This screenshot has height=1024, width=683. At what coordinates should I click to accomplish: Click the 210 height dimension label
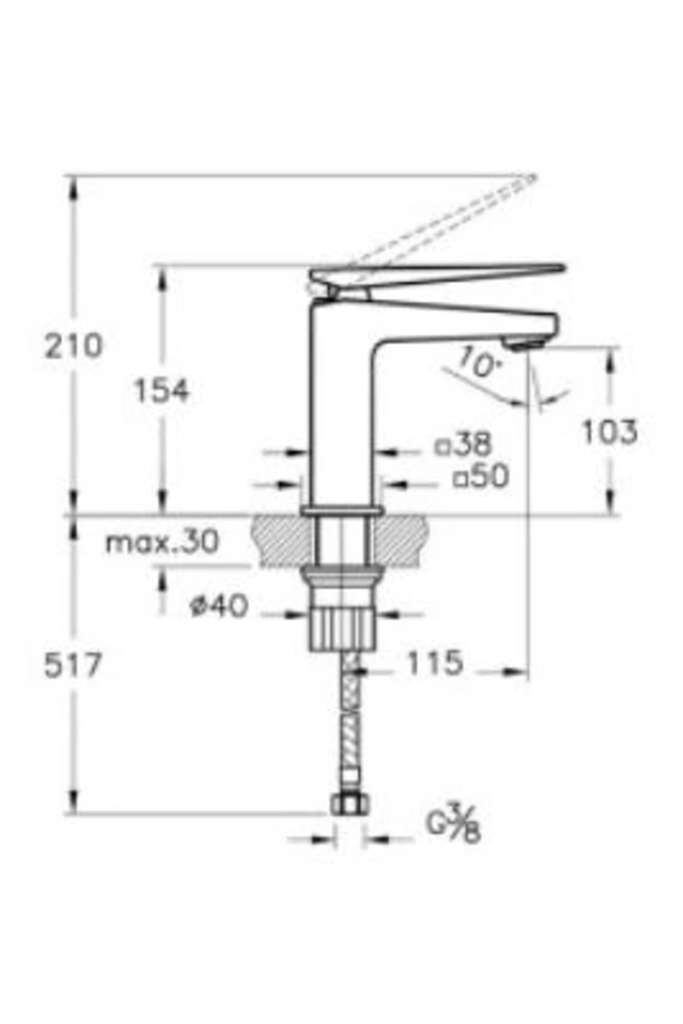(74, 346)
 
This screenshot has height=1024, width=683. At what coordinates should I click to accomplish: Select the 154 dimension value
(161, 391)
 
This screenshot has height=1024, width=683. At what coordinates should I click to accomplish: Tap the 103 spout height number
(609, 432)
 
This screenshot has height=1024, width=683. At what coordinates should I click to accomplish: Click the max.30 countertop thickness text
(162, 542)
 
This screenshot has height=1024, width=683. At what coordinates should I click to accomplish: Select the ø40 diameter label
(220, 606)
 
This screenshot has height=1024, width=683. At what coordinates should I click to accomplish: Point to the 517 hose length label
(73, 665)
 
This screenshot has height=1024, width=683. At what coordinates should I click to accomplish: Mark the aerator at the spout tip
(522, 342)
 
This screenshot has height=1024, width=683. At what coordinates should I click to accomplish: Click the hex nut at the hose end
(349, 804)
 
